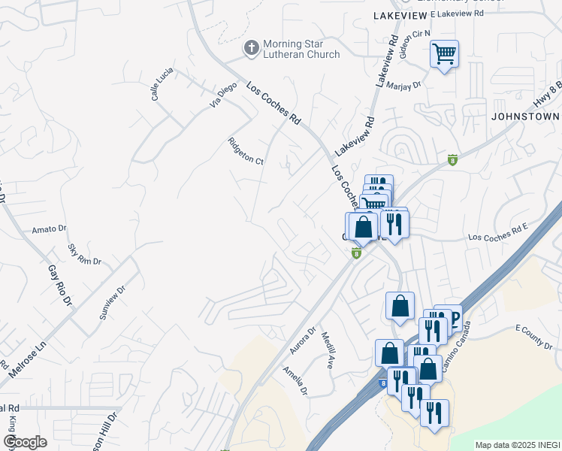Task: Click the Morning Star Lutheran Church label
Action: pyautogui.click(x=301, y=49)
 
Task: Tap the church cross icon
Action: pyautogui.click(x=252, y=49)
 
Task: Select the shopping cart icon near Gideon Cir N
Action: pyautogui.click(x=444, y=54)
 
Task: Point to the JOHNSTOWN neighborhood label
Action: pyautogui.click(x=525, y=117)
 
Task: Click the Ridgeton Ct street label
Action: pyautogui.click(x=246, y=150)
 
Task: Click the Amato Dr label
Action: pyautogui.click(x=50, y=228)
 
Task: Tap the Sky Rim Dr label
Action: pyautogui.click(x=83, y=254)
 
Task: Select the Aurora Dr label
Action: pyautogui.click(x=302, y=341)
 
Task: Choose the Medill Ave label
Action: pyautogui.click(x=328, y=350)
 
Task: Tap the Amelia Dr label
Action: pyautogui.click(x=295, y=380)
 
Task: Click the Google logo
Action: pyautogui.click(x=25, y=442)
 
